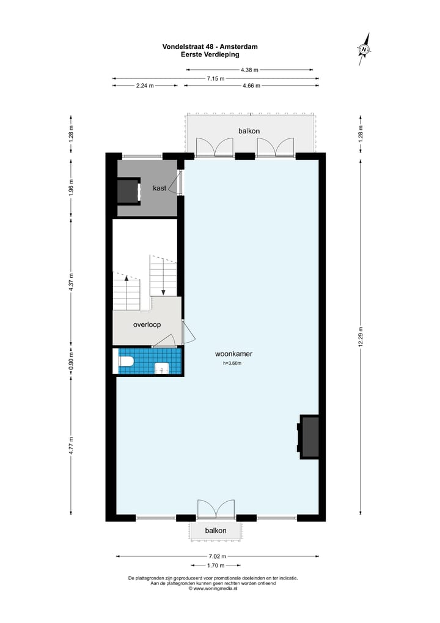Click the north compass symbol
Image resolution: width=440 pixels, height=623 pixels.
pyautogui.click(x=364, y=49)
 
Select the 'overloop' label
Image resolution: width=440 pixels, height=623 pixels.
pyautogui.click(x=147, y=325)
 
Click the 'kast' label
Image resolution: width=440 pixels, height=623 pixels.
pyautogui.click(x=159, y=188)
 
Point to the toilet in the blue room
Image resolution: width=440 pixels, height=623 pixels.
pyautogui.click(x=127, y=362)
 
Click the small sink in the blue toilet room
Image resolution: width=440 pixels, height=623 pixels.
pyautogui.click(x=162, y=368)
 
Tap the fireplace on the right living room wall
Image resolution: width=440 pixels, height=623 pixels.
pyautogui.click(x=309, y=436)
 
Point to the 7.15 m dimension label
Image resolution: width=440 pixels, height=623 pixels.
pyautogui.click(x=215, y=78)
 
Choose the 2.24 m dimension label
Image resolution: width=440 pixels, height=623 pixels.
pyautogui.click(x=145, y=86)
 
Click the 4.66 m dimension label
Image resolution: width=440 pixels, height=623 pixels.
pyautogui.click(x=251, y=86)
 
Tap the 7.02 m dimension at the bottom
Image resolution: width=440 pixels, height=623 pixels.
pyautogui.click(x=217, y=556)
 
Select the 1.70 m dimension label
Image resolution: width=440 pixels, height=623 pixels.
pyautogui.click(x=217, y=565)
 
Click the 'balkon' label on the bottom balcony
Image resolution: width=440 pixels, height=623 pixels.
pyautogui.click(x=216, y=531)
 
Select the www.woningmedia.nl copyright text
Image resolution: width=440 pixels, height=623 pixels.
pyautogui.click(x=213, y=589)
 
